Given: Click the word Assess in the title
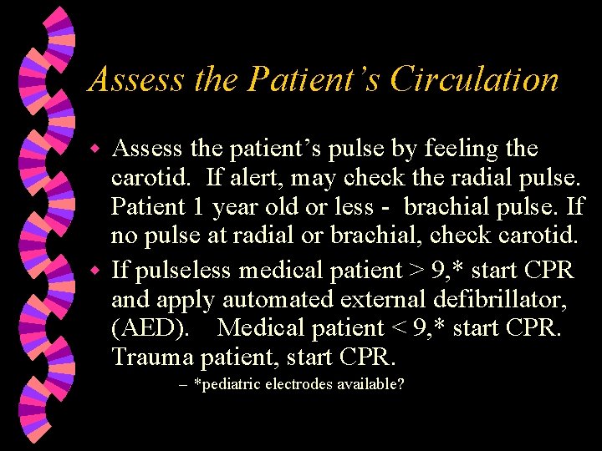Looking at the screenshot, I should pos(135,79).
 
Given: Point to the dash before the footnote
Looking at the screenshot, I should pos(183,386).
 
